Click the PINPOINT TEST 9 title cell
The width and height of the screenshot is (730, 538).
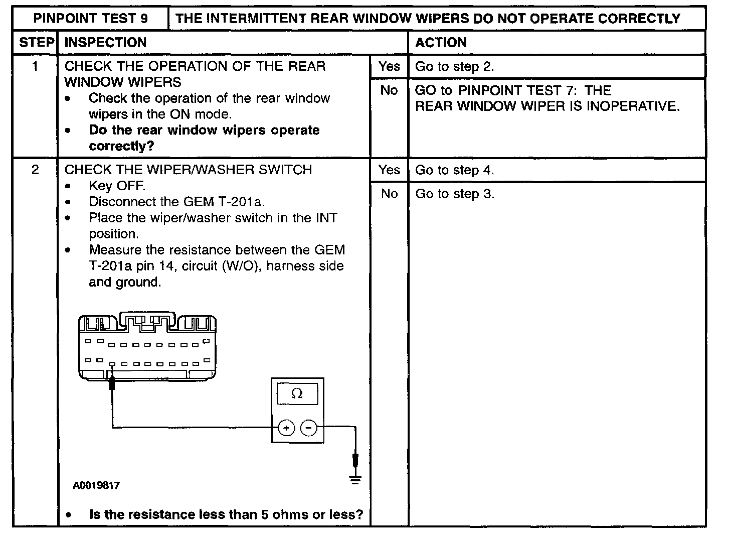tap(91, 19)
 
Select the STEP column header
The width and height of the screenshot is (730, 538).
tap(36, 43)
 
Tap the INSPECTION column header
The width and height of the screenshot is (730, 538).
tap(106, 43)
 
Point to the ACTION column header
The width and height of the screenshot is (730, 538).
tap(441, 43)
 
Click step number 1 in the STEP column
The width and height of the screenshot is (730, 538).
tap(35, 66)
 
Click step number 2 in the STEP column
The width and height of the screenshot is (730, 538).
tap(35, 170)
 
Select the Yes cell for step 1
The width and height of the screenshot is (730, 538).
tap(389, 66)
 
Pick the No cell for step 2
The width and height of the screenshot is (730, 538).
tap(389, 194)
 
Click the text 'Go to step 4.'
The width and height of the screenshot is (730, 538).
tap(454, 170)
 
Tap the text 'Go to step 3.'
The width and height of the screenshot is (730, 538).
tap(454, 194)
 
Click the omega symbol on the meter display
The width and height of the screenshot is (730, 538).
tap(297, 394)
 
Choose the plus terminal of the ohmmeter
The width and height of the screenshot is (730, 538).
tap(286, 428)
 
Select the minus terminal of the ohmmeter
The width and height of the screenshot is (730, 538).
tap(309, 428)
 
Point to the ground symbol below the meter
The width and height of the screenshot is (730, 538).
tap(355, 480)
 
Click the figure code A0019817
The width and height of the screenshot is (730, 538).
tap(96, 486)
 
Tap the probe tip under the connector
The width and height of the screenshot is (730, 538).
tap(112, 384)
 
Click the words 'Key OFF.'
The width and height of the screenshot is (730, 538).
tap(117, 186)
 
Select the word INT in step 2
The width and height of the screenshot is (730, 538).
tap(326, 218)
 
